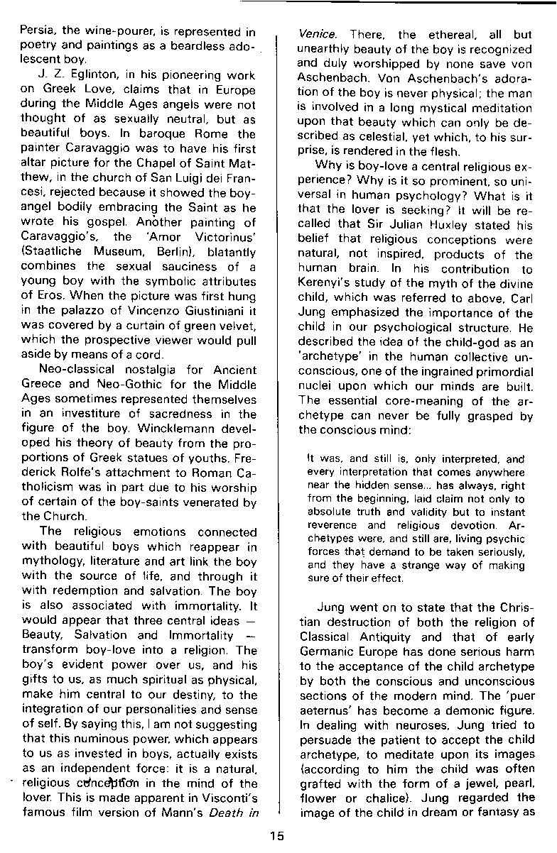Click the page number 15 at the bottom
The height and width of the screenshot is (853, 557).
pyautogui.click(x=277, y=835)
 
